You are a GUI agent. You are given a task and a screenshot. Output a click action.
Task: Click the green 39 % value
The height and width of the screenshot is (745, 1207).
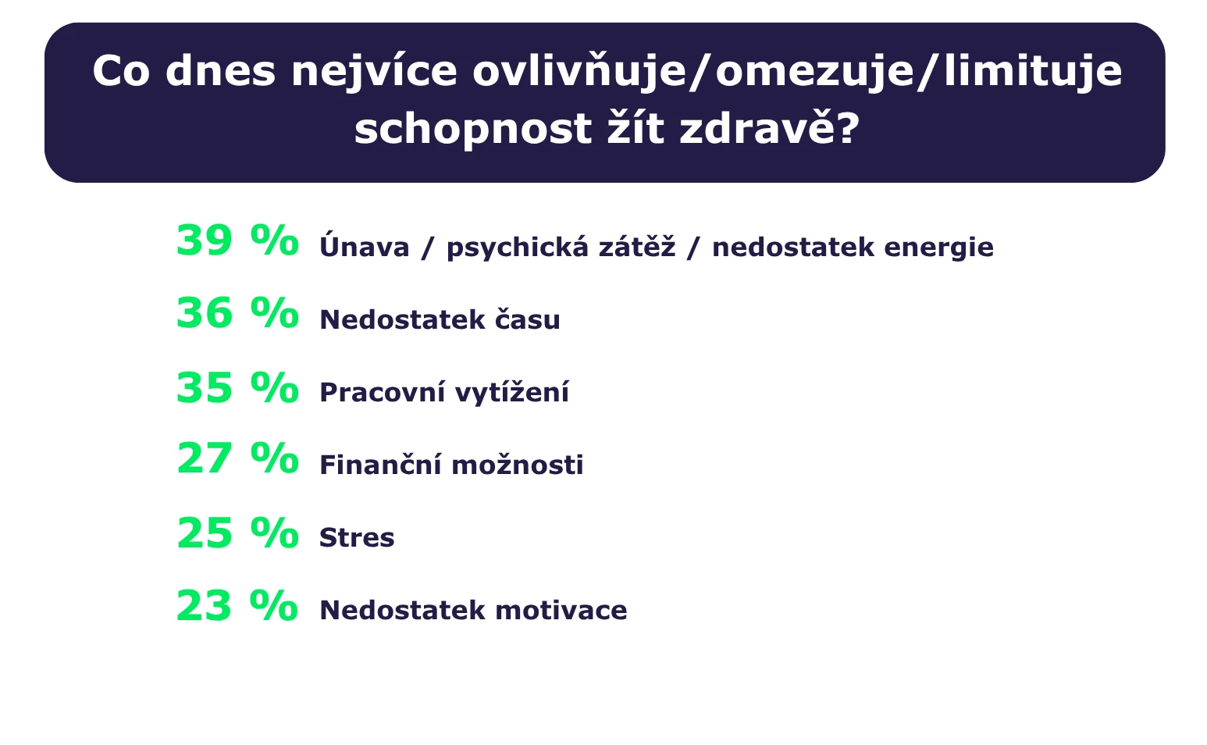tap(237, 241)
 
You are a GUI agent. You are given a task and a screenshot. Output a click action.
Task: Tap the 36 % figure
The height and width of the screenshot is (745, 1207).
tap(237, 313)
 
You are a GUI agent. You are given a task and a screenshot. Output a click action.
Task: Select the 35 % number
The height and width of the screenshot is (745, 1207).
tap(237, 387)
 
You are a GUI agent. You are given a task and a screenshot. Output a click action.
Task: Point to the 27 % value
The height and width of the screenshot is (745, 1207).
tap(237, 458)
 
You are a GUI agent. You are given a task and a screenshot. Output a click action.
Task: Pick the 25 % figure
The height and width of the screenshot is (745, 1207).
tap(237, 533)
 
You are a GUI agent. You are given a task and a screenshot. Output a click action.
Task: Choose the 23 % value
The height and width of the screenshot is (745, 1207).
tap(237, 605)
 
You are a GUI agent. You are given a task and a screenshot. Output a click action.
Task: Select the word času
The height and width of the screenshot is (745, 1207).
tap(528, 319)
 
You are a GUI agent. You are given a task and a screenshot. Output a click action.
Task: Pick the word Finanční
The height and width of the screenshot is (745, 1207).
tap(379, 465)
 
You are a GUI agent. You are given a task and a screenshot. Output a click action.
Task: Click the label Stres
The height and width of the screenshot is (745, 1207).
tap(357, 538)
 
